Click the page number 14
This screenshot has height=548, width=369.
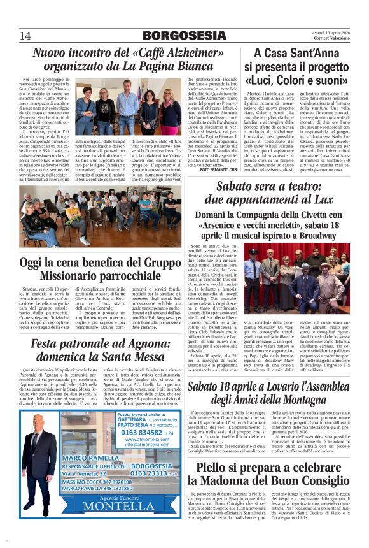pyautogui.click(x=25, y=35)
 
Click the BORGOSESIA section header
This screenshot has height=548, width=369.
pyautogui.click(x=183, y=35)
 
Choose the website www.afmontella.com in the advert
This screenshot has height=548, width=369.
pyautogui.click(x=148, y=439)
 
